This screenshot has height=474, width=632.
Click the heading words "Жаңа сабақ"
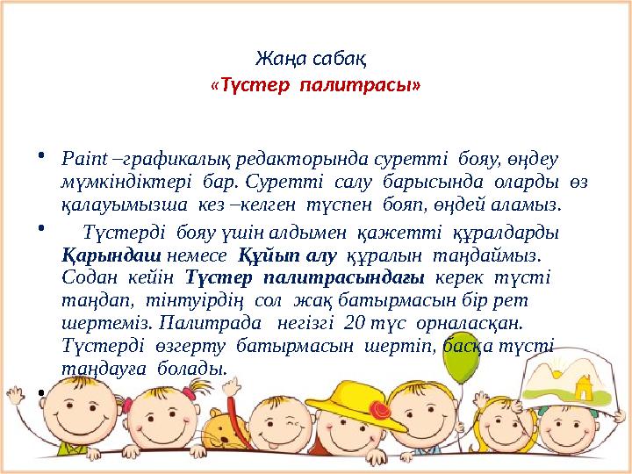315,60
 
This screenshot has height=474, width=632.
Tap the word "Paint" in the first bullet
82,161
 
